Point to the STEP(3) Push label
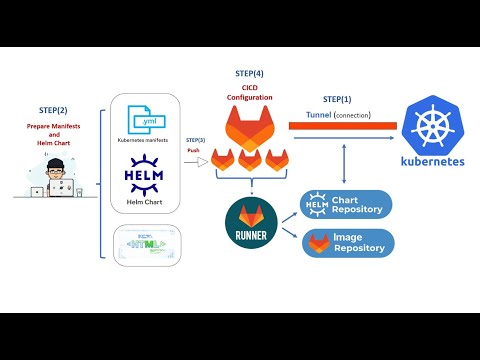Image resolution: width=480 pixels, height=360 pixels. [196, 146]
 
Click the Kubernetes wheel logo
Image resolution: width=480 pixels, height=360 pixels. [431, 127]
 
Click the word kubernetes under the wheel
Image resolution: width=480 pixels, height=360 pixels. [431, 163]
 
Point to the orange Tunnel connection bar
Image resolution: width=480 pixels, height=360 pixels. [331, 126]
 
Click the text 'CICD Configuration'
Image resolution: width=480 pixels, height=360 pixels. [249, 92]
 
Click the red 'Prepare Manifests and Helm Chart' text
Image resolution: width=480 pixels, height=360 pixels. [53, 135]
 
